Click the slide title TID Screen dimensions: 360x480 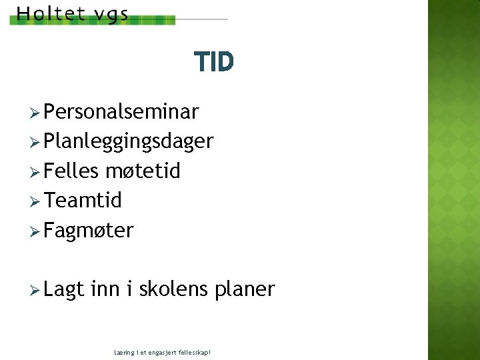[214, 63]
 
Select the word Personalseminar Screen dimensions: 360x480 [121, 111]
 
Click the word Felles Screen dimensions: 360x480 [71, 171]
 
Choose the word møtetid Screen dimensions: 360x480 [143, 171]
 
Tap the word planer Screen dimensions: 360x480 [245, 289]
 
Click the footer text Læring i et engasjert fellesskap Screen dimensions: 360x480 [163, 351]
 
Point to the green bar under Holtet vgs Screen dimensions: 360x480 [93, 21]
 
